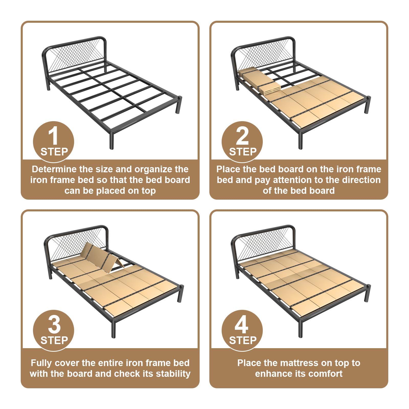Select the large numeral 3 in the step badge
[54, 325]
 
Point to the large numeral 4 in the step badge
[242, 325]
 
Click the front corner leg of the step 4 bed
[301, 328]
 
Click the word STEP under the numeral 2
[243, 152]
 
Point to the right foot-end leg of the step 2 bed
[368, 105]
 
